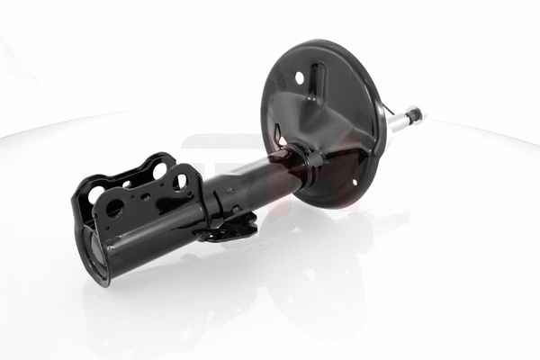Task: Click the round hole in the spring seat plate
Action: [300, 78]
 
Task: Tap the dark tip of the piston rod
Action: [415, 113]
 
